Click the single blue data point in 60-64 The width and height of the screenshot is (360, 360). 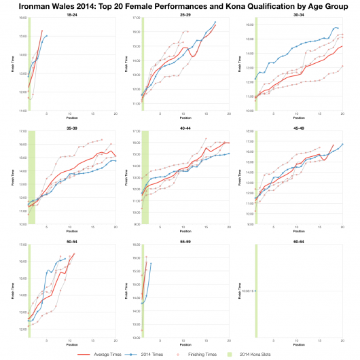click(256, 291)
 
